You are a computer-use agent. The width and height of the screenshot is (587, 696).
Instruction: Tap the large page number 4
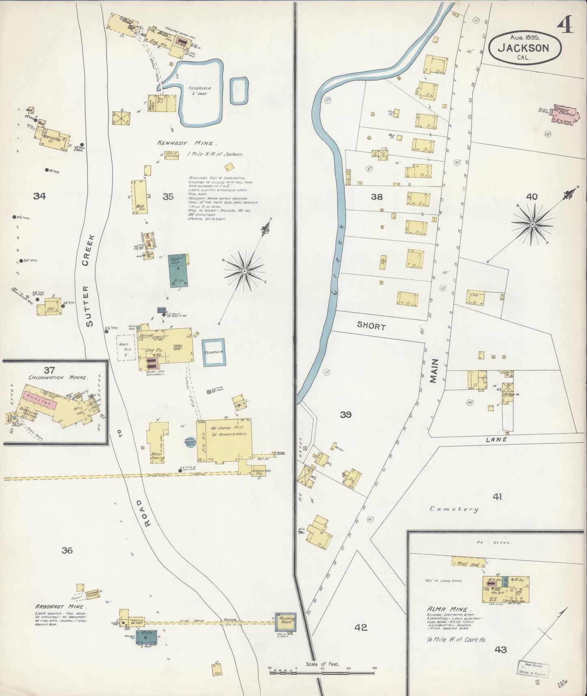click(565, 25)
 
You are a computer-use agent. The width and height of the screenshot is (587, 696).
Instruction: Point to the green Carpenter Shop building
click(178, 271)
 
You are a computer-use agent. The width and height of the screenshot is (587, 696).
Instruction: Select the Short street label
click(371, 326)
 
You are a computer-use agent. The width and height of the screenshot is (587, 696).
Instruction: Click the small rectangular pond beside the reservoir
click(239, 91)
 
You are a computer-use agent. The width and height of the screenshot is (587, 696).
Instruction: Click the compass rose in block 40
click(532, 224)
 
